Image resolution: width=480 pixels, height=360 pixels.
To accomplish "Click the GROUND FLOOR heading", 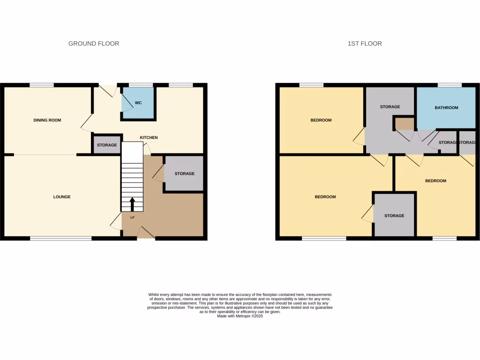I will click(94, 44).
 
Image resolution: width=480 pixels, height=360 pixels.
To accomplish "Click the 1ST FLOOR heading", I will click(365, 44).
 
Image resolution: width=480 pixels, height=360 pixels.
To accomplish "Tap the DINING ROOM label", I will click(47, 120).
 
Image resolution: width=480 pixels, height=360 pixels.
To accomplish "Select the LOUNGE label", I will click(62, 197).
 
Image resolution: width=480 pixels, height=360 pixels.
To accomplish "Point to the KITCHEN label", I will click(149, 138).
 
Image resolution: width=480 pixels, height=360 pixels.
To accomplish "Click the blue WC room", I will click(138, 103).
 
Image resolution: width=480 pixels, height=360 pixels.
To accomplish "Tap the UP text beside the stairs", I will click(132, 217).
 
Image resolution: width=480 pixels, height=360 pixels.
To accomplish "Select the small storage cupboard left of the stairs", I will click(107, 145).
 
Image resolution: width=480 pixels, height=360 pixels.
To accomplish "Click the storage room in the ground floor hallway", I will click(184, 174).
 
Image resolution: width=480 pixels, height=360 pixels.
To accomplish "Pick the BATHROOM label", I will click(446, 108).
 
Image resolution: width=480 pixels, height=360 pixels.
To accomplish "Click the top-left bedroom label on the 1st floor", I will click(321, 120).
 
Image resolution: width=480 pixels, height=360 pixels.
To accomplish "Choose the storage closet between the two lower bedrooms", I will click(394, 216).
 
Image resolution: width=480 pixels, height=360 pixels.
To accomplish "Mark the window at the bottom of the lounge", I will click(61, 239).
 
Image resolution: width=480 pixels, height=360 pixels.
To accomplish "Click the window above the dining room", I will click(41, 85).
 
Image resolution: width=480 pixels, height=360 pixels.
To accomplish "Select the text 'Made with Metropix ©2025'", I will click(240, 316).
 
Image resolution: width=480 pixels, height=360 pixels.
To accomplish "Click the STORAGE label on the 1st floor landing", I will click(390, 107).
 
